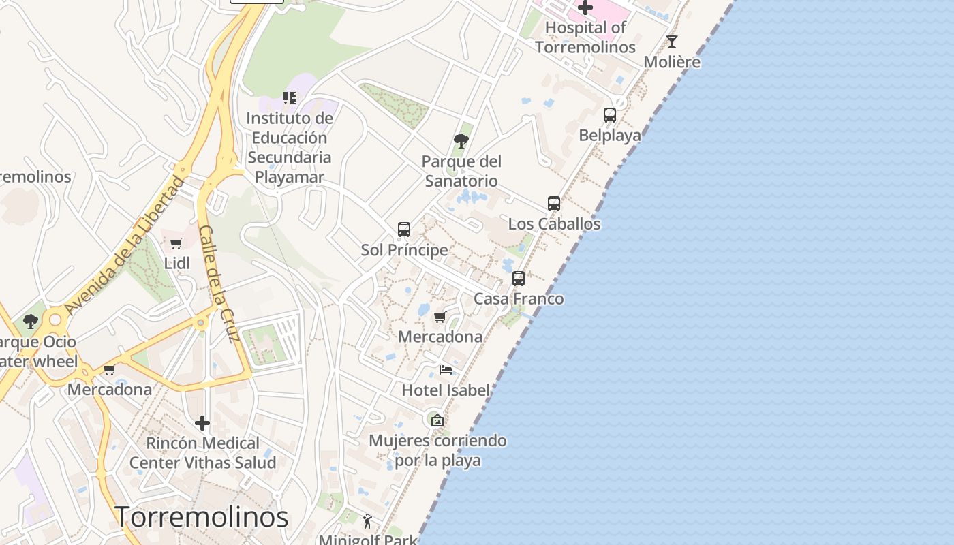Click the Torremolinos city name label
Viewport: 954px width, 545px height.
pyautogui.click(x=201, y=517)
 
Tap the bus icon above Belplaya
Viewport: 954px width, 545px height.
pyautogui.click(x=610, y=115)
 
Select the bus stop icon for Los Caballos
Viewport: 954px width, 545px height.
pyautogui.click(x=554, y=204)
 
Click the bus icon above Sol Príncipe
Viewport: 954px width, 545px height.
pyautogui.click(x=404, y=230)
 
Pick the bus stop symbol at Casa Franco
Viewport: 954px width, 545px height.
pyautogui.click(x=519, y=279)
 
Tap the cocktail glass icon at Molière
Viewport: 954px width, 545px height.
pyautogui.click(x=672, y=42)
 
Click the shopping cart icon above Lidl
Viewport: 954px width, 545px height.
pyautogui.click(x=176, y=243)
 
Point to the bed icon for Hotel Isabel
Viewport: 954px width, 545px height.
pyautogui.click(x=446, y=370)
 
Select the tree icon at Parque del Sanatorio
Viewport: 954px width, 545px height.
pyautogui.click(x=461, y=141)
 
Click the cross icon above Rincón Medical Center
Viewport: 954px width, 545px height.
pyautogui.click(x=202, y=423)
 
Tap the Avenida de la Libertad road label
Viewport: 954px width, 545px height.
pyautogui.click(x=124, y=245)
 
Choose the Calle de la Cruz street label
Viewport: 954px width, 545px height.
pyautogui.click(x=218, y=283)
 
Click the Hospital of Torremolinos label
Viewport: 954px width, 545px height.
pyautogui.click(x=585, y=37)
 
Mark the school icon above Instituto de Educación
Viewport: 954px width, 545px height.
pyautogui.click(x=290, y=98)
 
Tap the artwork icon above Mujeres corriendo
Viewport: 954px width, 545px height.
pyautogui.click(x=437, y=420)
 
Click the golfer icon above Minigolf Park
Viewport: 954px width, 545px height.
pyautogui.click(x=368, y=521)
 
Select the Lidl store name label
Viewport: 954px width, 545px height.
pyautogui.click(x=176, y=262)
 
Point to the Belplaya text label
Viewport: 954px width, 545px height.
pyautogui.click(x=610, y=135)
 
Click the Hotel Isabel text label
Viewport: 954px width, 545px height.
pyautogui.click(x=446, y=390)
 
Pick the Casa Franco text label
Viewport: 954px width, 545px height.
pyautogui.click(x=519, y=298)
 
